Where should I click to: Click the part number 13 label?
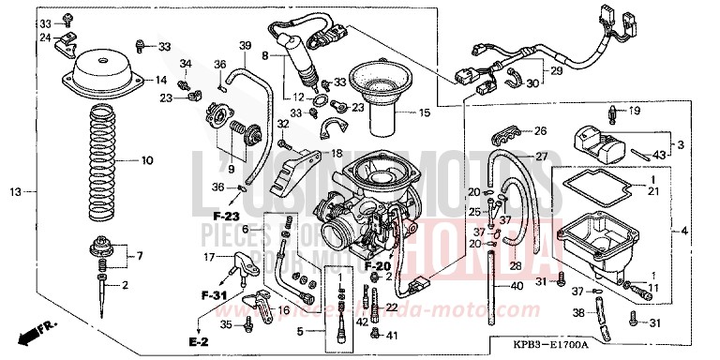pos(15,191)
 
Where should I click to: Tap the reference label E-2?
pos(197,341)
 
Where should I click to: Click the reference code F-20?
pos(378,266)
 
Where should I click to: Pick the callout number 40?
pos(517,286)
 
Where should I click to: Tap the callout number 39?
pos(245,46)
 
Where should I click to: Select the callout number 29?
pos(555,71)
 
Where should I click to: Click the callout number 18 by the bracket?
pos(337,152)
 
